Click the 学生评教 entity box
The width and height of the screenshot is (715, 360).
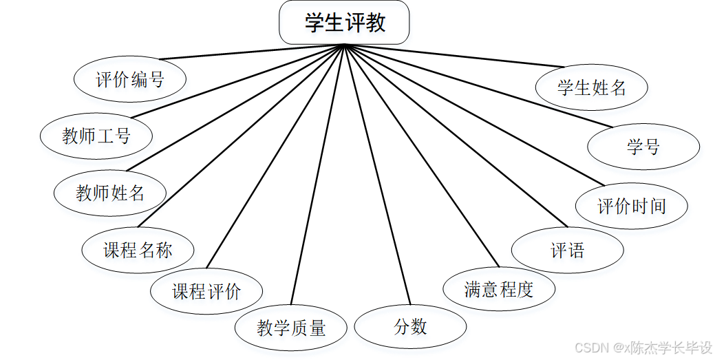[344, 23]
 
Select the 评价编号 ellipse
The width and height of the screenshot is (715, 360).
[129, 79]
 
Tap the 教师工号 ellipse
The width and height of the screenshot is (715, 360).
[96, 136]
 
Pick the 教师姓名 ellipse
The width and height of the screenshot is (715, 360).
[110, 193]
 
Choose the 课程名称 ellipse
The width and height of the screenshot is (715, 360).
[138, 250]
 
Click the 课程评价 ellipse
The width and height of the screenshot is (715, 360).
[206, 291]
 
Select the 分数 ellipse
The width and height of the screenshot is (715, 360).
[411, 327]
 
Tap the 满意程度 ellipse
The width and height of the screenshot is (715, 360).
[499, 289]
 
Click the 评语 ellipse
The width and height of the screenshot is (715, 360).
[568, 250]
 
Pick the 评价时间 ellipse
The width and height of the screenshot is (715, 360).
[632, 206]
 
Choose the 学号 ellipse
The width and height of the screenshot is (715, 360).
[643, 147]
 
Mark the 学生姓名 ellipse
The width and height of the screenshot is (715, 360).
[592, 87]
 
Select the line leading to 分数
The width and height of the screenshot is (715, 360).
[377, 176]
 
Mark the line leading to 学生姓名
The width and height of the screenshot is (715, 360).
[454, 56]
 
